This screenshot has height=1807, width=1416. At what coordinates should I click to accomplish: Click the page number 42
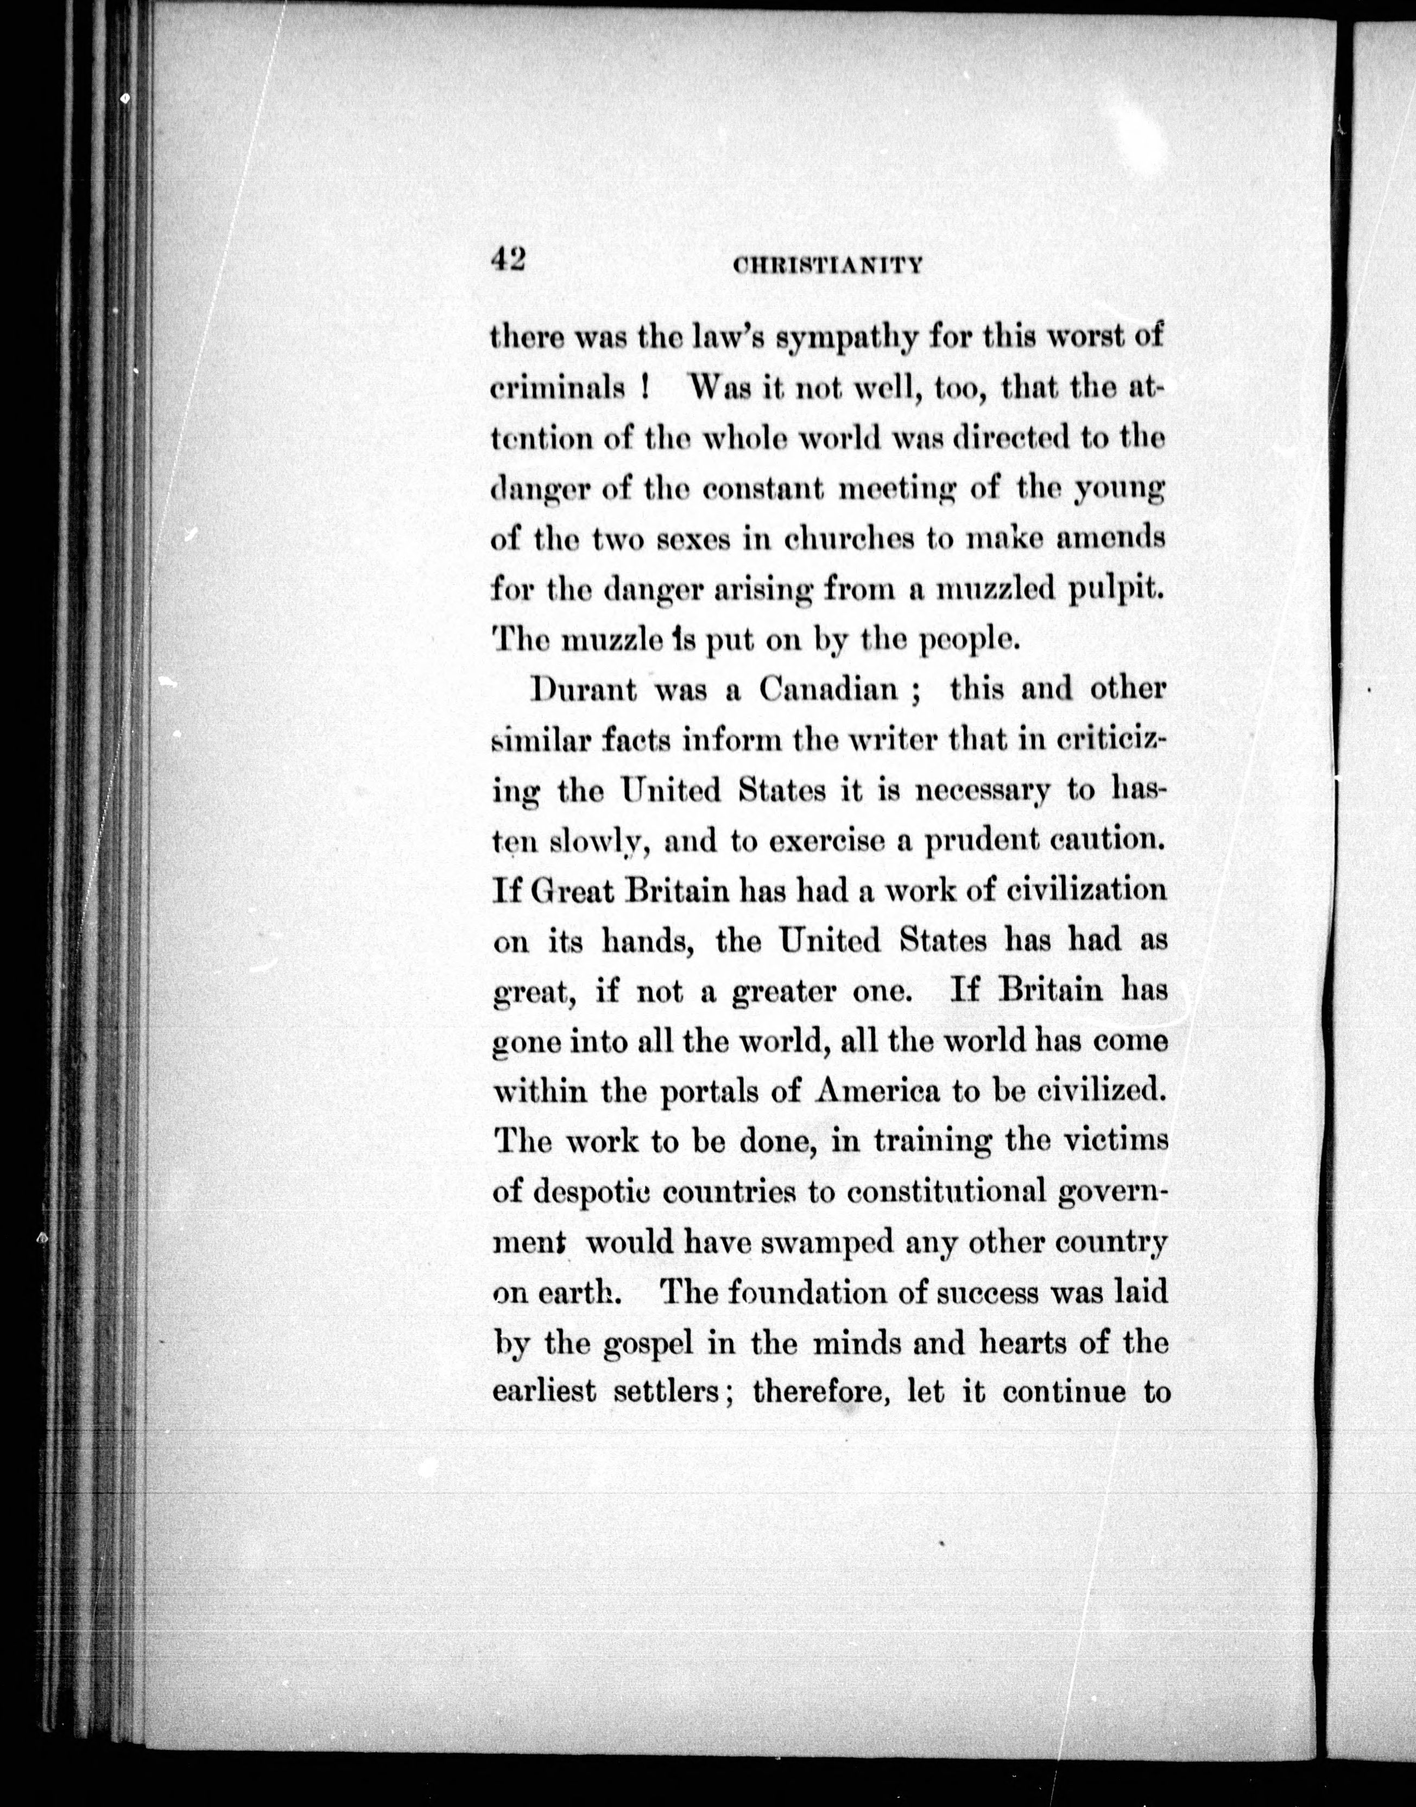click(x=508, y=260)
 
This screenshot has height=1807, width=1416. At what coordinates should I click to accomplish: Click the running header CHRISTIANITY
click(x=828, y=266)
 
